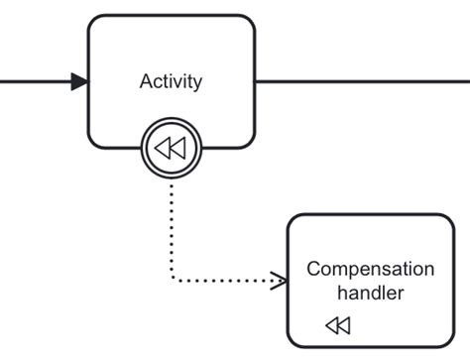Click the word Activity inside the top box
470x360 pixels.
click(171, 81)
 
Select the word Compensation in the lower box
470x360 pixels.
click(370, 269)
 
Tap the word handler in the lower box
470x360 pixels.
click(370, 293)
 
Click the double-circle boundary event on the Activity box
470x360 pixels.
click(172, 149)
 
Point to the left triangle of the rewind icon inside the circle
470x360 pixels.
click(164, 149)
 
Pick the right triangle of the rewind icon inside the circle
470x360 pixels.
click(177, 149)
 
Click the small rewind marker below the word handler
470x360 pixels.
click(338, 325)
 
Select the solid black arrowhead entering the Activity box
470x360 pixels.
click(79, 81)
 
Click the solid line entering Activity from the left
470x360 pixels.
click(35, 81)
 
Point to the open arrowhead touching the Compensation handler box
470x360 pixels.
click(281, 281)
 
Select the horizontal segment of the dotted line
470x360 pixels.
click(228, 281)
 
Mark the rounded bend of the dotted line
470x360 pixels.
click(175, 278)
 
